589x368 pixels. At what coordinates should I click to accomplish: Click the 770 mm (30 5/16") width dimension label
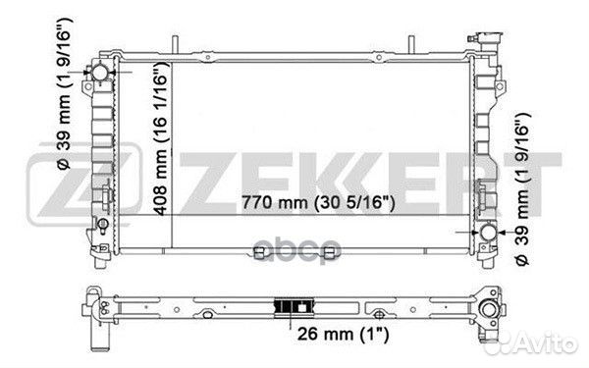pyautogui.click(x=318, y=203)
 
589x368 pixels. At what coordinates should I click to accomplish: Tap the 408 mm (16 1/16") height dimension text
pyautogui.click(x=161, y=139)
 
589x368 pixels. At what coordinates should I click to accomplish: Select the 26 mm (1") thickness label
pyautogui.click(x=343, y=334)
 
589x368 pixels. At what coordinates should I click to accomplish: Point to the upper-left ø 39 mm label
pyautogui.click(x=64, y=93)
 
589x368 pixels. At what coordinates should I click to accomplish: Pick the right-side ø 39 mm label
pyautogui.click(x=522, y=188)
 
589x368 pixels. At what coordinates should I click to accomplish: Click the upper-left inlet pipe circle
pyautogui.click(x=100, y=72)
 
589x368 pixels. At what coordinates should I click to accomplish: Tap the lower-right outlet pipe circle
pyautogui.click(x=489, y=233)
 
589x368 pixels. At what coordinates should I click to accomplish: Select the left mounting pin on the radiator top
pyautogui.click(x=175, y=45)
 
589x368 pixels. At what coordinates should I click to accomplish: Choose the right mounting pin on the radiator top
pyautogui.click(x=411, y=45)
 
